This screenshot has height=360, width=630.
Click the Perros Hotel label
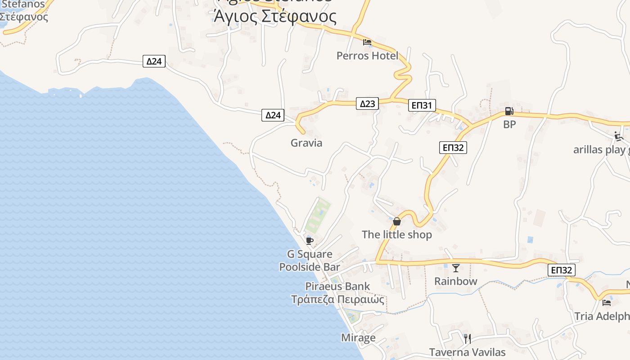tap(367, 56)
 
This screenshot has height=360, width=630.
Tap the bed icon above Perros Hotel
tap(367, 42)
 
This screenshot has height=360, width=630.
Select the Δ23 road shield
tap(367, 104)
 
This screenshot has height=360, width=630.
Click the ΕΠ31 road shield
tap(422, 106)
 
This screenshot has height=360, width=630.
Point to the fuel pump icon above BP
tap(509, 111)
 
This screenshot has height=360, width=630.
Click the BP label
tap(509, 125)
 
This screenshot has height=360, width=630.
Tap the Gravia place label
tap(306, 143)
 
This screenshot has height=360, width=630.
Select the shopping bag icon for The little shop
tap(396, 221)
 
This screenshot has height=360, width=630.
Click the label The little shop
tap(396, 234)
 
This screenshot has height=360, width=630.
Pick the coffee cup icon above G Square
tap(309, 241)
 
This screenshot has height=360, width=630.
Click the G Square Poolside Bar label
tap(310, 261)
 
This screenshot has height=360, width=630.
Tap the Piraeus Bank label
tap(337, 286)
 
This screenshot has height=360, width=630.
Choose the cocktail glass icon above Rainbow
tap(456, 268)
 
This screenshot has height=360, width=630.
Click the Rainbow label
tap(455, 281)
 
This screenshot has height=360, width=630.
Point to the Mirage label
tap(358, 337)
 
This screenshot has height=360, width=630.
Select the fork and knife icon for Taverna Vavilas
tap(467, 338)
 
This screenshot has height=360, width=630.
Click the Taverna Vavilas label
tap(467, 352)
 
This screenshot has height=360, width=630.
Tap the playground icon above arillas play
tap(618, 136)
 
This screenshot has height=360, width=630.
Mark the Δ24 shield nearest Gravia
tap(273, 115)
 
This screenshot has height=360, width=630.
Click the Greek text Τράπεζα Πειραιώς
tap(337, 299)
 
